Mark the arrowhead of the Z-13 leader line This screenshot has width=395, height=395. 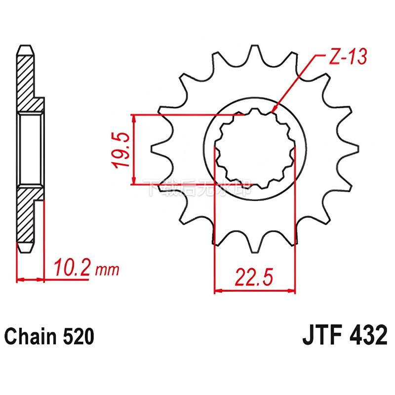click(274, 110)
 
